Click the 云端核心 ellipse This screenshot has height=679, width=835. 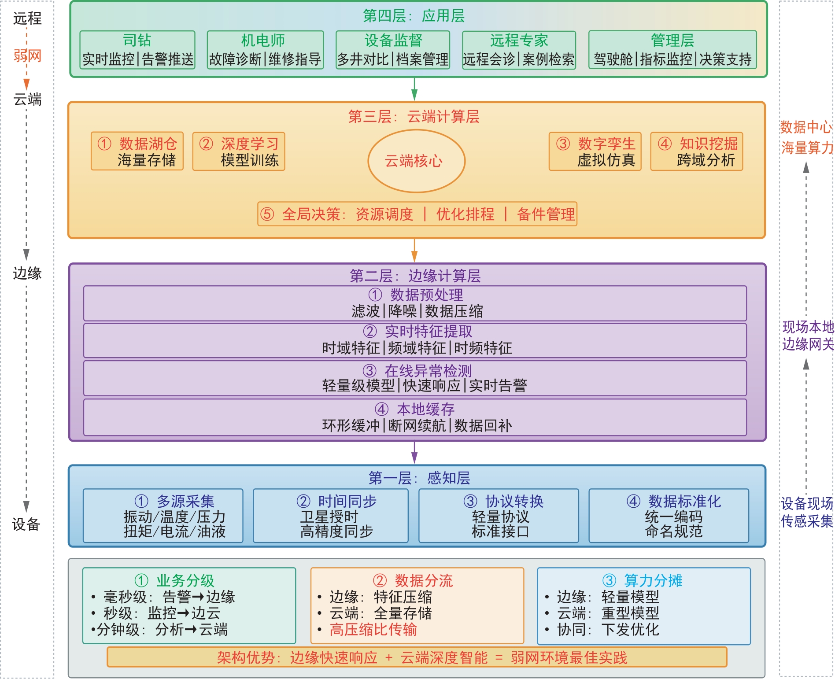[x=416, y=161]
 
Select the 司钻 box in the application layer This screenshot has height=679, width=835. [x=137, y=50]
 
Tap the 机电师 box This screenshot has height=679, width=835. [x=265, y=50]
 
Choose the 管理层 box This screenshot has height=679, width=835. [x=672, y=50]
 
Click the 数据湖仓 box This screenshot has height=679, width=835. [x=137, y=151]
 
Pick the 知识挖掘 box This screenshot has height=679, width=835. [x=697, y=151]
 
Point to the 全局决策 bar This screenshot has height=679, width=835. [x=417, y=214]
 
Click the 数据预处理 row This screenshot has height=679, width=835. [x=415, y=303]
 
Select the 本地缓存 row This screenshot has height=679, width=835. [x=415, y=417]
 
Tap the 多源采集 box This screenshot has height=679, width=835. [x=163, y=516]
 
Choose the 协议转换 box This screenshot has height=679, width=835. [x=499, y=516]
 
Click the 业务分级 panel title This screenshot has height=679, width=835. [x=174, y=580]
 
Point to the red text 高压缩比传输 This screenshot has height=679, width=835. [x=373, y=630]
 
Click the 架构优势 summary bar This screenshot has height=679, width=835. [x=417, y=657]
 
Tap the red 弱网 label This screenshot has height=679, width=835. [x=27, y=56]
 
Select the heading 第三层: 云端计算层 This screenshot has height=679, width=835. [x=414, y=117]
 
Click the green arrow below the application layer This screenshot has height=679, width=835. [x=414, y=89]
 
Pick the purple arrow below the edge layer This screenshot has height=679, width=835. [x=414, y=453]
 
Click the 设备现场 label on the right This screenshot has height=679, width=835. [x=807, y=503]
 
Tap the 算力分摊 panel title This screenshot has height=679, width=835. [x=643, y=580]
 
